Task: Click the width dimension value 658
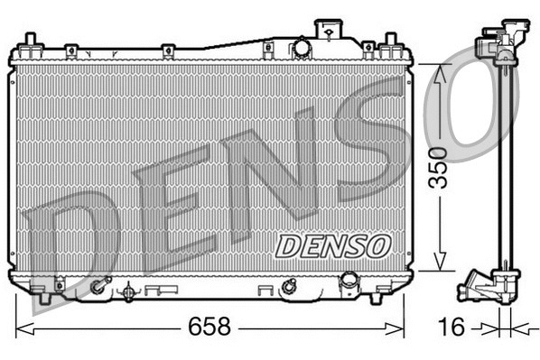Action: pos(209,326)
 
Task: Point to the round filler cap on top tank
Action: pos(301,49)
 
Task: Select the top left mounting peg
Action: pos(30,42)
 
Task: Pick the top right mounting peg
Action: pos(391,42)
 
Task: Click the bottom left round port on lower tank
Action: pos(97,289)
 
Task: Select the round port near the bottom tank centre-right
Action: pos(289,288)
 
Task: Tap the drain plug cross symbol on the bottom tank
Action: pos(127,291)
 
